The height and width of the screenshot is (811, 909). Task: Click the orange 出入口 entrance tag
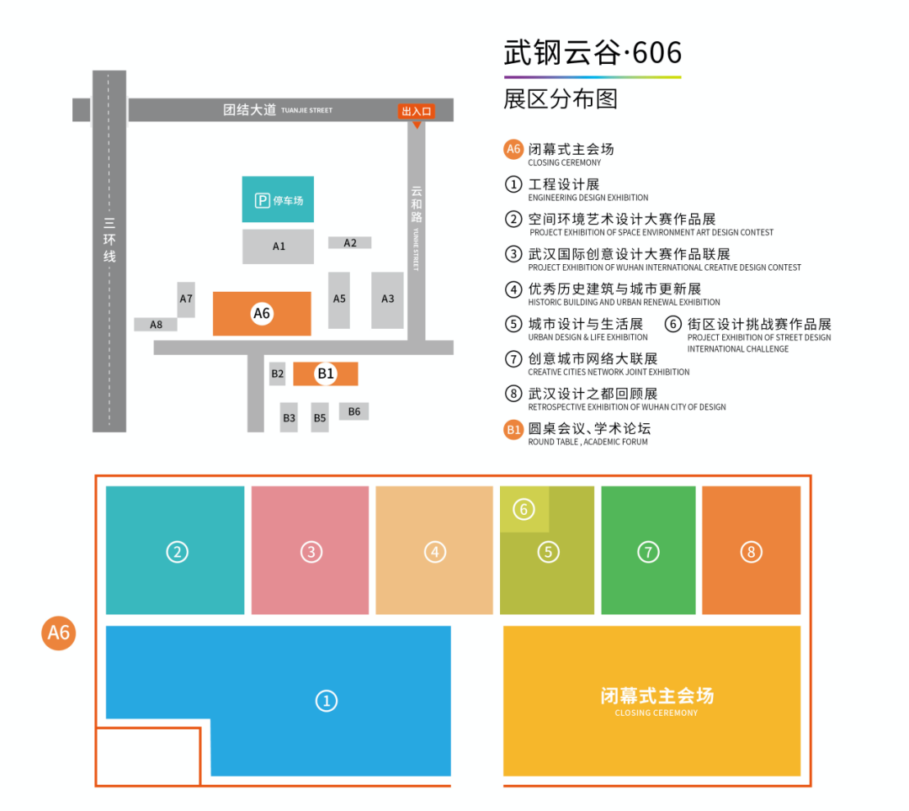[417, 111]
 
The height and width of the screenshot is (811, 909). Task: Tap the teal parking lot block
[278, 199]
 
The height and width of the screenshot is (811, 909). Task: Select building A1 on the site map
[278, 246]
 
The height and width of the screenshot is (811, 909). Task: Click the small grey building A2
[349, 243]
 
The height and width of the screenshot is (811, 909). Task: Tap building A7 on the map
[186, 299]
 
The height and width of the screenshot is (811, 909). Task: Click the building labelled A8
[156, 325]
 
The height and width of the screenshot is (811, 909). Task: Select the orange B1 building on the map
[325, 374]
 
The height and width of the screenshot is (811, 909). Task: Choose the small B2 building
[278, 374]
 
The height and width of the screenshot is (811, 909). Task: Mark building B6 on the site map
[353, 411]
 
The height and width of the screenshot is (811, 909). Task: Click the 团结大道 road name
[250, 109]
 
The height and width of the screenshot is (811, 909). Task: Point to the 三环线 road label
[109, 240]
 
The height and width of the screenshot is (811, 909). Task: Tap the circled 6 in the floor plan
[524, 509]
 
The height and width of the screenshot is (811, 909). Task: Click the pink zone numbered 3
[310, 549]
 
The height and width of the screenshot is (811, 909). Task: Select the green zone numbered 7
[648, 549]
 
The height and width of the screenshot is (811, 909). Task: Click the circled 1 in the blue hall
[327, 701]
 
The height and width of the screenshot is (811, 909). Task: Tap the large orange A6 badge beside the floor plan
[59, 633]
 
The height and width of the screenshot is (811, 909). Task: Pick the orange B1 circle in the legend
[513, 430]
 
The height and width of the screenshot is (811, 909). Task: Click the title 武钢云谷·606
[593, 53]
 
